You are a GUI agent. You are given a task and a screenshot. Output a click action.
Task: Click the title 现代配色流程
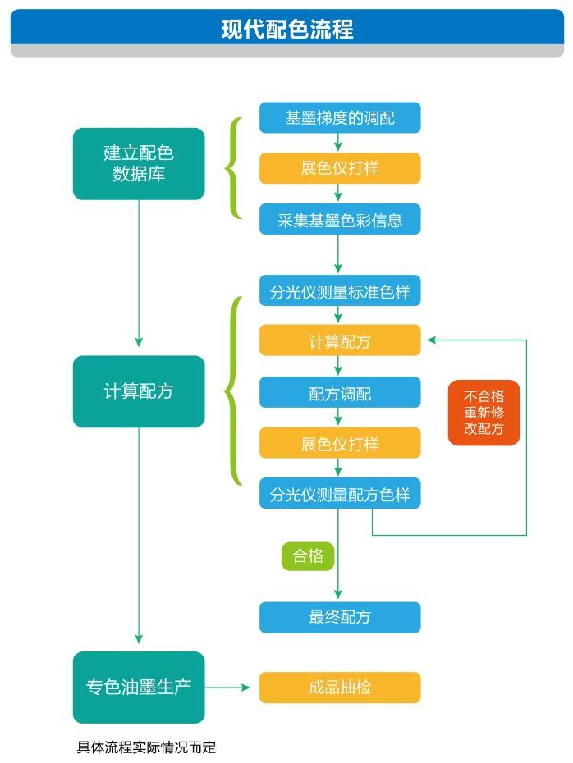(x=286, y=30)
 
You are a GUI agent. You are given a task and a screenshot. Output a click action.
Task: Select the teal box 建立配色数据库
(x=139, y=163)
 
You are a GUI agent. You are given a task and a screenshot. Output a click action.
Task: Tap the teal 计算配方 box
(x=139, y=391)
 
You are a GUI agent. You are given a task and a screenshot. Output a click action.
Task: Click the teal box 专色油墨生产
(x=139, y=687)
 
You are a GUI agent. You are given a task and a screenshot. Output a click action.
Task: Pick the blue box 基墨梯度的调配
(x=340, y=117)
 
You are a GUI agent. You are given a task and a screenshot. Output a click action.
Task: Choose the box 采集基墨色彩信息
(x=340, y=219)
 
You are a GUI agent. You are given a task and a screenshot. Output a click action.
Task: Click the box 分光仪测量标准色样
(x=340, y=290)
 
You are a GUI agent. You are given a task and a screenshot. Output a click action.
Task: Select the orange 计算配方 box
(x=340, y=340)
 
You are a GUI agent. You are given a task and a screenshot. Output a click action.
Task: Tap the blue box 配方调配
(x=340, y=392)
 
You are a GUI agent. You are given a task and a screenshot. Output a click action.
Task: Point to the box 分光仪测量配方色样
(x=340, y=494)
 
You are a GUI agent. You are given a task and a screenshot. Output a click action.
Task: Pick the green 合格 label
(x=308, y=556)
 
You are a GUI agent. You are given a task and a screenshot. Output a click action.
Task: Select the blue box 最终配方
(x=340, y=617)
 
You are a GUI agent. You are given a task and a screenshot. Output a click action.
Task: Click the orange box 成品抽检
(x=340, y=688)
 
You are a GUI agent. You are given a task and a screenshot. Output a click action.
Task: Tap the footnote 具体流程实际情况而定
(x=146, y=747)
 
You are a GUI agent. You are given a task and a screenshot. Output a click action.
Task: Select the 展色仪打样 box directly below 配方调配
(x=340, y=443)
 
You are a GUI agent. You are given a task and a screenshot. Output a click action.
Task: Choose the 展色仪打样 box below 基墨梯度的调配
(x=340, y=168)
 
